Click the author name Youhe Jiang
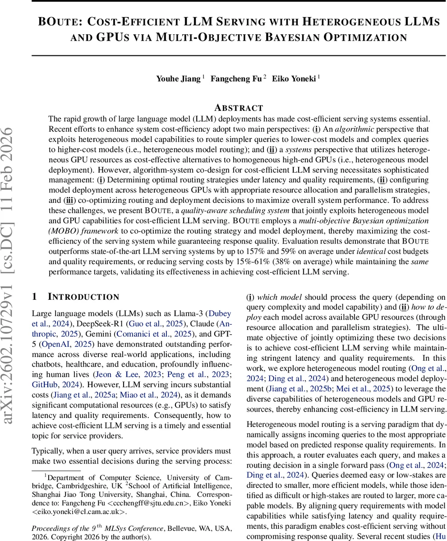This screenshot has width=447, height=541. tap(178, 79)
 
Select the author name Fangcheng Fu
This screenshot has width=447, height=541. tap(236, 79)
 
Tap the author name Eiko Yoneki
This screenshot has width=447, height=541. tap(294, 79)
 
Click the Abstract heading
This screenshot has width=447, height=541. tap(239, 108)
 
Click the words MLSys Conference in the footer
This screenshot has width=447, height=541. tap(134, 528)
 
